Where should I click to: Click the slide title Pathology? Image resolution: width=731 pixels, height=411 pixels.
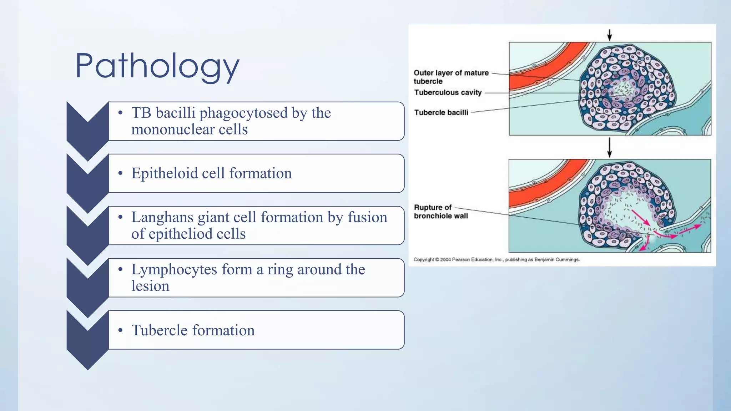click(x=157, y=66)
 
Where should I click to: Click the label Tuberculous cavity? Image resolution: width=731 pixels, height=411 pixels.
click(x=448, y=93)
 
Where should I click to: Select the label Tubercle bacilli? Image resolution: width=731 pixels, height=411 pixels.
click(x=441, y=113)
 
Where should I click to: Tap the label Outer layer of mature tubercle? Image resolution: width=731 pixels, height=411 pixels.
click(x=450, y=77)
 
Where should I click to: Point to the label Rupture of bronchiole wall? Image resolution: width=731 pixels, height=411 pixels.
click(x=440, y=212)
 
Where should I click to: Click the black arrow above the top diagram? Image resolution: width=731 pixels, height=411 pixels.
click(x=610, y=35)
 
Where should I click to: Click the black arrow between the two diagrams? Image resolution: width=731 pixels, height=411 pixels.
click(x=610, y=147)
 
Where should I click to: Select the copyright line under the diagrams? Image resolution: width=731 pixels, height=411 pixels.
click(x=496, y=260)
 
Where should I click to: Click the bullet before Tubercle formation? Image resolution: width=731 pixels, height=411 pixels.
click(x=121, y=330)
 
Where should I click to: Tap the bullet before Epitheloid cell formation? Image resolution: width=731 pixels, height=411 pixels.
click(x=121, y=173)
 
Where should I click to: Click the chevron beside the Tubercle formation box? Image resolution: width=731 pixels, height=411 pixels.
click(x=87, y=339)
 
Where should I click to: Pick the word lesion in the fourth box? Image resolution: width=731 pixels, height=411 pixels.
click(x=150, y=286)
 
